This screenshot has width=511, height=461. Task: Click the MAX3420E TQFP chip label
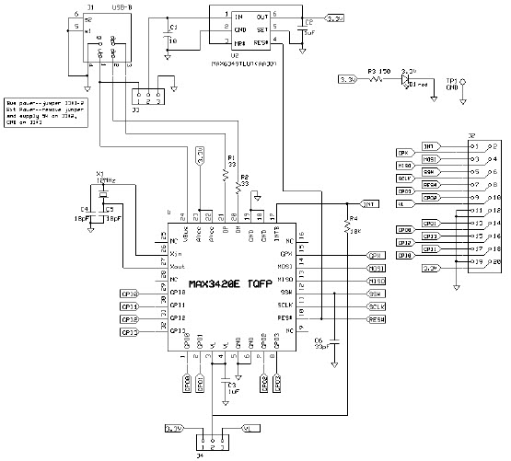point(239,284)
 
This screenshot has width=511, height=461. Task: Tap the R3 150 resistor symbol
point(376,80)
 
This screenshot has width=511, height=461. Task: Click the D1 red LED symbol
point(407,80)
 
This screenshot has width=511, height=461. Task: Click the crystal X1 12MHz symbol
point(102,193)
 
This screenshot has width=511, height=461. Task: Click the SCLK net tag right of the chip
point(376,305)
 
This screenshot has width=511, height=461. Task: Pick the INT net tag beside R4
point(368,203)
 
